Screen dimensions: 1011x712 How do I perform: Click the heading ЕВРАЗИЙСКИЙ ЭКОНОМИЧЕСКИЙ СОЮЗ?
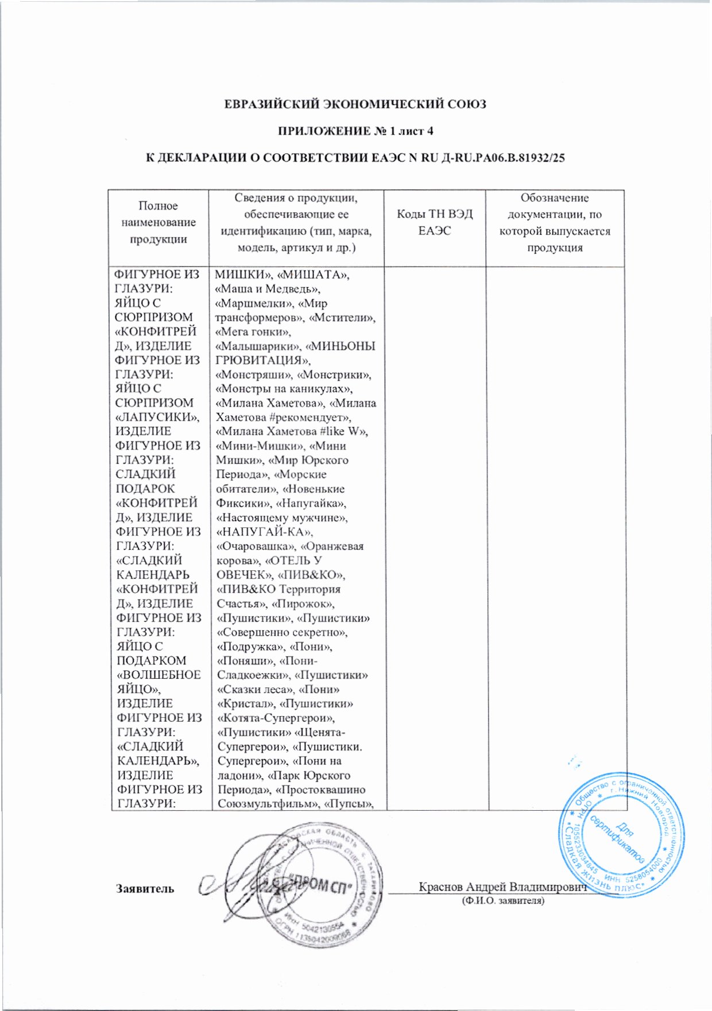click(x=355, y=104)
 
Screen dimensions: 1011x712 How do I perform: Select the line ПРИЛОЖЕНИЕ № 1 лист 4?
click(x=355, y=131)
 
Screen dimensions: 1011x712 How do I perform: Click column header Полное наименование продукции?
click(x=158, y=223)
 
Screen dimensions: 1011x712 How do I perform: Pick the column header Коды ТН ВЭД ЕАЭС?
click(x=435, y=223)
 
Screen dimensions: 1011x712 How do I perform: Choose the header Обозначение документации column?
click(x=555, y=223)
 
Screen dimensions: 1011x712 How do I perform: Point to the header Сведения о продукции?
click(x=296, y=223)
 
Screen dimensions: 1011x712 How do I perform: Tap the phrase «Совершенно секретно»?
click(x=282, y=632)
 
